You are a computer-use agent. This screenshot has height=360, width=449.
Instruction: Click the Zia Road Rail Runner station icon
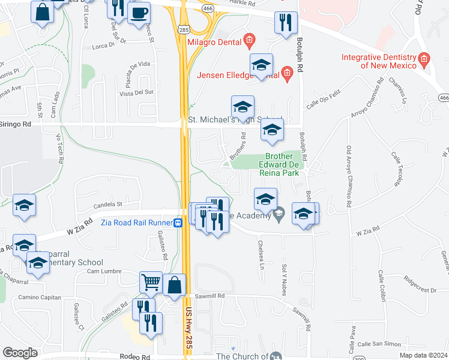(178, 223)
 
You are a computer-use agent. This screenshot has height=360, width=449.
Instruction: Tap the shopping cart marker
(151, 281)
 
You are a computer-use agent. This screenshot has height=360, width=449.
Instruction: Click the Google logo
(20, 353)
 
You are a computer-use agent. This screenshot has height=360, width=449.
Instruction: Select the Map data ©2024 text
(423, 355)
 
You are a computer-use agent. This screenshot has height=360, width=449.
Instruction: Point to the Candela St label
(107, 204)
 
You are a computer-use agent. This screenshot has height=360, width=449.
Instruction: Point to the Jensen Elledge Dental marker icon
(287, 74)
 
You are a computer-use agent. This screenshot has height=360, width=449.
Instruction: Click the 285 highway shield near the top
(183, 28)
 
